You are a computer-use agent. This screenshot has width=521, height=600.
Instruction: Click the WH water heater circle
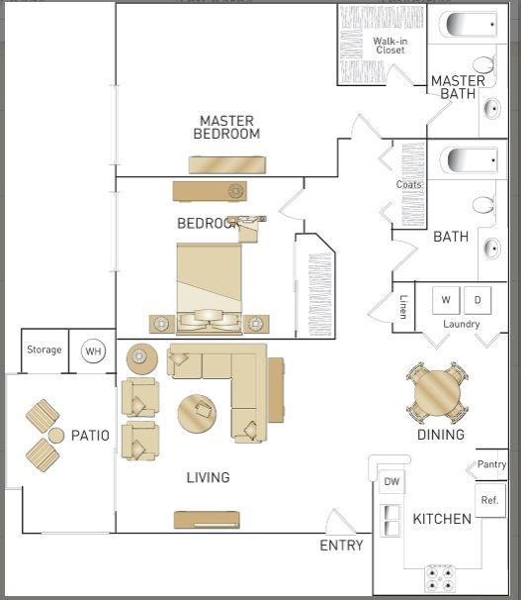pyautogui.click(x=94, y=350)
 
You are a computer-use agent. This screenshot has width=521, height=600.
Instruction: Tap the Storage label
pyautogui.click(x=44, y=350)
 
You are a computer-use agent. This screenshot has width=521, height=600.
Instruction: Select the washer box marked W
pyautogui.click(x=446, y=300)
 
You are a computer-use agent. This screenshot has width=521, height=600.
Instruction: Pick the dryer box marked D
pyautogui.click(x=478, y=300)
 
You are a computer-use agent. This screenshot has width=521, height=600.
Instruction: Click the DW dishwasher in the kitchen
pyautogui.click(x=391, y=482)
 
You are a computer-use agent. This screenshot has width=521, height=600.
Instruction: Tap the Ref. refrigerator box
pyautogui.click(x=490, y=500)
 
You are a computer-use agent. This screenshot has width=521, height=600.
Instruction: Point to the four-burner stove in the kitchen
pyautogui.click(x=440, y=578)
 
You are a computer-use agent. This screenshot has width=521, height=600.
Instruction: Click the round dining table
pyautogui.click(x=437, y=393)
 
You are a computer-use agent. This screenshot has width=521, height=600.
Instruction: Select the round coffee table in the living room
pyautogui.click(x=197, y=414)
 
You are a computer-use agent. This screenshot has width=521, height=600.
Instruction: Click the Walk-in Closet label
pyautogui.click(x=390, y=46)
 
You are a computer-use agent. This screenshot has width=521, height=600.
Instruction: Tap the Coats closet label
pyautogui.click(x=408, y=184)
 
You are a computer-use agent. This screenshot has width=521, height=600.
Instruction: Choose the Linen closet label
pyautogui.click(x=403, y=307)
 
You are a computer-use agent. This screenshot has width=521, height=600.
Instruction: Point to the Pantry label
pyautogui.click(x=491, y=464)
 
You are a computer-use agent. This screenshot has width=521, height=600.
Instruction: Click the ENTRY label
pyautogui.click(x=341, y=546)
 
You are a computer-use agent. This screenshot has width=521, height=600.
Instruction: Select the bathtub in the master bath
pyautogui.click(x=469, y=24)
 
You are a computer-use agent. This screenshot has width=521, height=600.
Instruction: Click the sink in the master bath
pyautogui.click(x=492, y=109)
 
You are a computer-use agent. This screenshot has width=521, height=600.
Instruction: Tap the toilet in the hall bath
pyautogui.click(x=484, y=205)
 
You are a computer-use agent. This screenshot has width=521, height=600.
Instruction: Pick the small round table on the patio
pyautogui.click(x=56, y=436)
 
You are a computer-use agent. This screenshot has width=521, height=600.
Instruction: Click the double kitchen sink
pyautogui.click(x=391, y=521)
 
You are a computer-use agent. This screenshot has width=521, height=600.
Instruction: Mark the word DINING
pyautogui.click(x=441, y=435)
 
